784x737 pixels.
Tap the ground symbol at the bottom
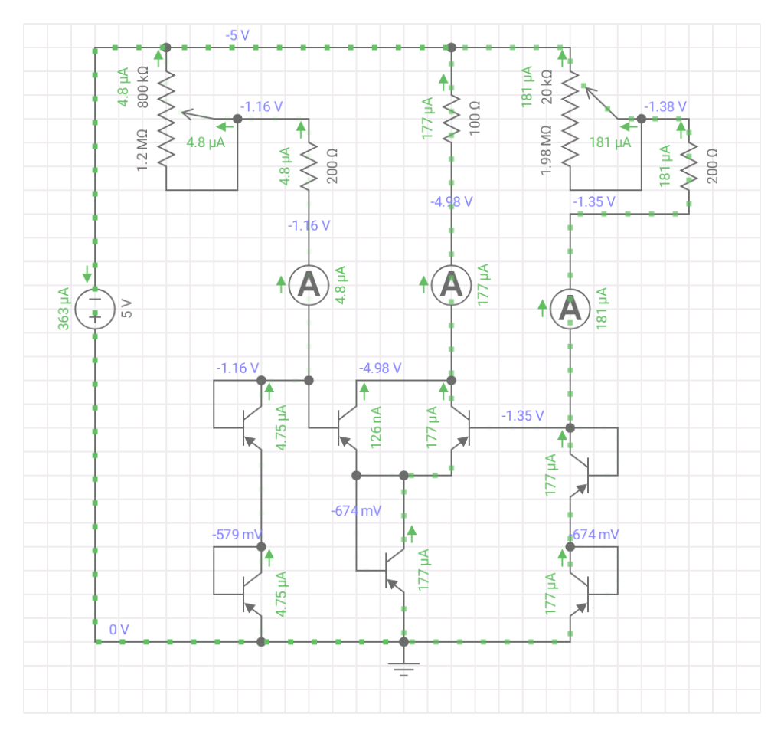404,667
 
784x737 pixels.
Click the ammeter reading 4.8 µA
309,285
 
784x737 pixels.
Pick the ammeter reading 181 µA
570,308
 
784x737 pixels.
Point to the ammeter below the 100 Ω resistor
452,285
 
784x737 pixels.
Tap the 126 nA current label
378,430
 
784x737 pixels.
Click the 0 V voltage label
119,629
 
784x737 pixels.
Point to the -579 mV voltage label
237,534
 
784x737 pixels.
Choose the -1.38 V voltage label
665,106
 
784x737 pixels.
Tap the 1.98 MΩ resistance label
547,151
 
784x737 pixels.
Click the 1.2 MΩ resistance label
143,149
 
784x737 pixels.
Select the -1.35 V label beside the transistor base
523,415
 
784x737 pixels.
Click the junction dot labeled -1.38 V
642,119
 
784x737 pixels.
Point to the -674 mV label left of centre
355,510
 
